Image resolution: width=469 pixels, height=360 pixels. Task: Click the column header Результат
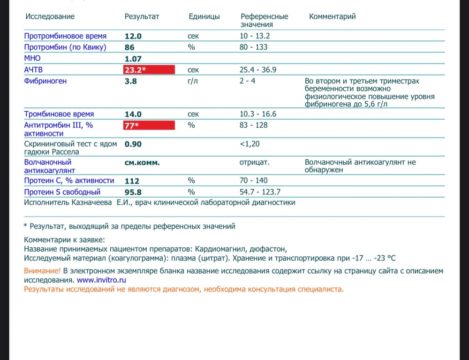tap(142, 16)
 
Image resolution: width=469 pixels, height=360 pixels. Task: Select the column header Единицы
tap(204, 16)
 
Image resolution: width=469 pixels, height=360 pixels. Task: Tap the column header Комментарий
tap(332, 16)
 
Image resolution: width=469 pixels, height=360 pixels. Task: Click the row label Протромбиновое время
tap(66, 36)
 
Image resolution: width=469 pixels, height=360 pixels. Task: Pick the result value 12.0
tap(133, 36)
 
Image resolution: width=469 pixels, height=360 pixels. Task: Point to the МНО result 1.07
tap(133, 59)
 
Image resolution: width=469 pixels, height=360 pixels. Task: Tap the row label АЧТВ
tap(33, 70)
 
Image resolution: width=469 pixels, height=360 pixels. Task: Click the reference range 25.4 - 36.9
tap(257, 70)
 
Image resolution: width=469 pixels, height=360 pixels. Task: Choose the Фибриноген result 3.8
tap(130, 81)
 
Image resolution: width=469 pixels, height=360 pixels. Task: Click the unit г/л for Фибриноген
tap(193, 81)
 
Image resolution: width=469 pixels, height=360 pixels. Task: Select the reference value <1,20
tap(249, 144)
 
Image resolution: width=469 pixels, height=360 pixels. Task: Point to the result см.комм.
tap(142, 163)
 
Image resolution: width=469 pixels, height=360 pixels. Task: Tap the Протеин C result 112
tap(132, 181)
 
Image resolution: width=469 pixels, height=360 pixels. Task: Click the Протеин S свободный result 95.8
tap(133, 192)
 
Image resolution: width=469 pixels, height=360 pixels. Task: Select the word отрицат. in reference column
tap(254, 162)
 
